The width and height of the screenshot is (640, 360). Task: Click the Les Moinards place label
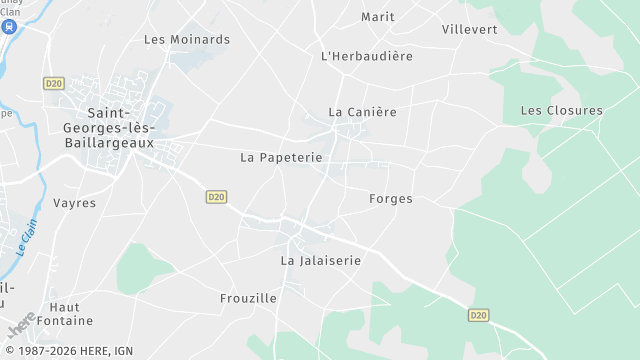187,40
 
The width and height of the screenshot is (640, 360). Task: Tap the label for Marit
378,17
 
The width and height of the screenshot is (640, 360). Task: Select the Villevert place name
469,29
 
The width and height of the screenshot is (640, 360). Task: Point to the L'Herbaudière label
367,56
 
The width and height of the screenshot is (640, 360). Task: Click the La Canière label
363,111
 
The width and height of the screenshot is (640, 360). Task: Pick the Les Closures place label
562,110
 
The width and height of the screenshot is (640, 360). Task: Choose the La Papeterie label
281,158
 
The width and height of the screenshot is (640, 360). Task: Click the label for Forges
391,199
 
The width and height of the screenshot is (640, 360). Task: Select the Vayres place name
75,203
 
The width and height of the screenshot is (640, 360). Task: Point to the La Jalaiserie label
321,260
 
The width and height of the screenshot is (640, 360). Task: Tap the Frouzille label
248,298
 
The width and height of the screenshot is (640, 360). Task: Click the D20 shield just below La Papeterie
217,197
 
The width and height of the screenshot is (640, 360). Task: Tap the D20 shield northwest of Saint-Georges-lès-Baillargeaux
54,84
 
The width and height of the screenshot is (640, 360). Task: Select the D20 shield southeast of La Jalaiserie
478,315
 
